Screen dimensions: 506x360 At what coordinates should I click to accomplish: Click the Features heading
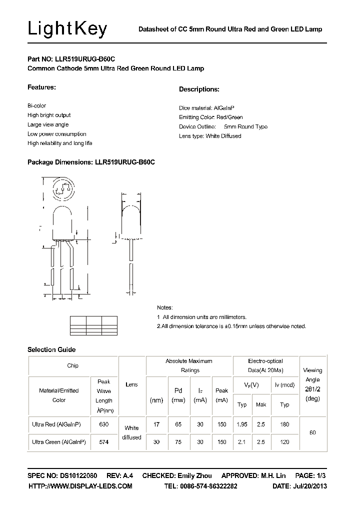click(41, 87)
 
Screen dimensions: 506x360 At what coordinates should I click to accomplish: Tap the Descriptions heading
click(199, 89)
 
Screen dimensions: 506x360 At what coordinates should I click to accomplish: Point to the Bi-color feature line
click(36, 106)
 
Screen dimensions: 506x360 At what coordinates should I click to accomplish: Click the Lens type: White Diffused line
click(210, 136)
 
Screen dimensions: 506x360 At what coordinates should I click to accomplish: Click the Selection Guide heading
click(51, 349)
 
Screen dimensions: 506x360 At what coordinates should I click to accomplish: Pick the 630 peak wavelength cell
click(104, 424)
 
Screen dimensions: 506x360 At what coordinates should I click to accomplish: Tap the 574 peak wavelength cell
click(104, 442)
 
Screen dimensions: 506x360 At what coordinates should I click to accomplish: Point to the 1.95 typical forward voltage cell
click(242, 424)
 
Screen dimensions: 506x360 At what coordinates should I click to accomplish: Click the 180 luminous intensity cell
click(285, 424)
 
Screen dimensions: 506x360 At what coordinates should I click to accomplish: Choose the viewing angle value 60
click(312, 432)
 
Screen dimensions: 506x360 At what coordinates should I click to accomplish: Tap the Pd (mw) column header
click(178, 395)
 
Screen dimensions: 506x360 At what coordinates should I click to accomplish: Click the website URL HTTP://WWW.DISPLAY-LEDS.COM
click(80, 486)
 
